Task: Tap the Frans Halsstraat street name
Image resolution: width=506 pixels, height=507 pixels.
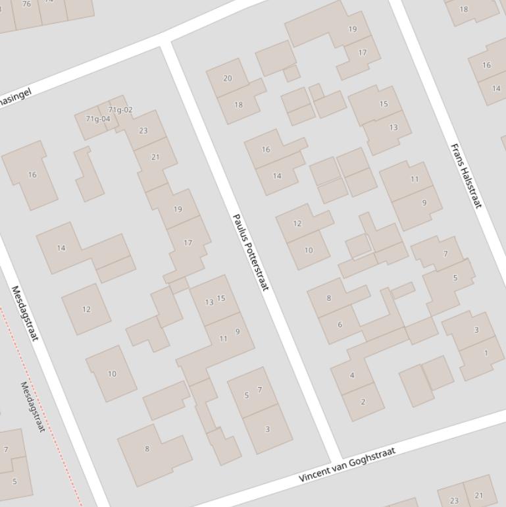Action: tap(466, 176)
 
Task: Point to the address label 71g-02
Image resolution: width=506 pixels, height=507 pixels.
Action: tap(120, 110)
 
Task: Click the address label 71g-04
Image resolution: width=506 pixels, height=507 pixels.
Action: tap(98, 119)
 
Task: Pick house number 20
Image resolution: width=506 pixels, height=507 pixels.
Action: tap(227, 78)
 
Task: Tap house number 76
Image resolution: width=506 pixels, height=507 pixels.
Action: tap(26, 4)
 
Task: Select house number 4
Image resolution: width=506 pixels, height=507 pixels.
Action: tap(352, 375)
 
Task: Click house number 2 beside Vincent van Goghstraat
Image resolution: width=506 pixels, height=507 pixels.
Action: tap(363, 402)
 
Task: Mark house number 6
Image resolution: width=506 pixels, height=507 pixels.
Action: tap(340, 324)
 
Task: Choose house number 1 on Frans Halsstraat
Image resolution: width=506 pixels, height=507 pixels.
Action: tap(486, 353)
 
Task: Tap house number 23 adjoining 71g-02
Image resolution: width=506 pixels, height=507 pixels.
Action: tap(143, 130)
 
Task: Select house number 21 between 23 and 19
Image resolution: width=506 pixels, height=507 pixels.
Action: tap(155, 157)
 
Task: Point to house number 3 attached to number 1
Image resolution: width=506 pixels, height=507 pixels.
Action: tap(476, 330)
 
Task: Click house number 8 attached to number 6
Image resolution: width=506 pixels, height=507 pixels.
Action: tap(329, 298)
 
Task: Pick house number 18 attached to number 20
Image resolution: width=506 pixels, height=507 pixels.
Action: tap(238, 105)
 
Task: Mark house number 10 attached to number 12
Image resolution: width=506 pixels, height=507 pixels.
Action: tap(309, 250)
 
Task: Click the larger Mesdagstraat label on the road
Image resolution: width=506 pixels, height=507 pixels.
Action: tap(25, 313)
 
